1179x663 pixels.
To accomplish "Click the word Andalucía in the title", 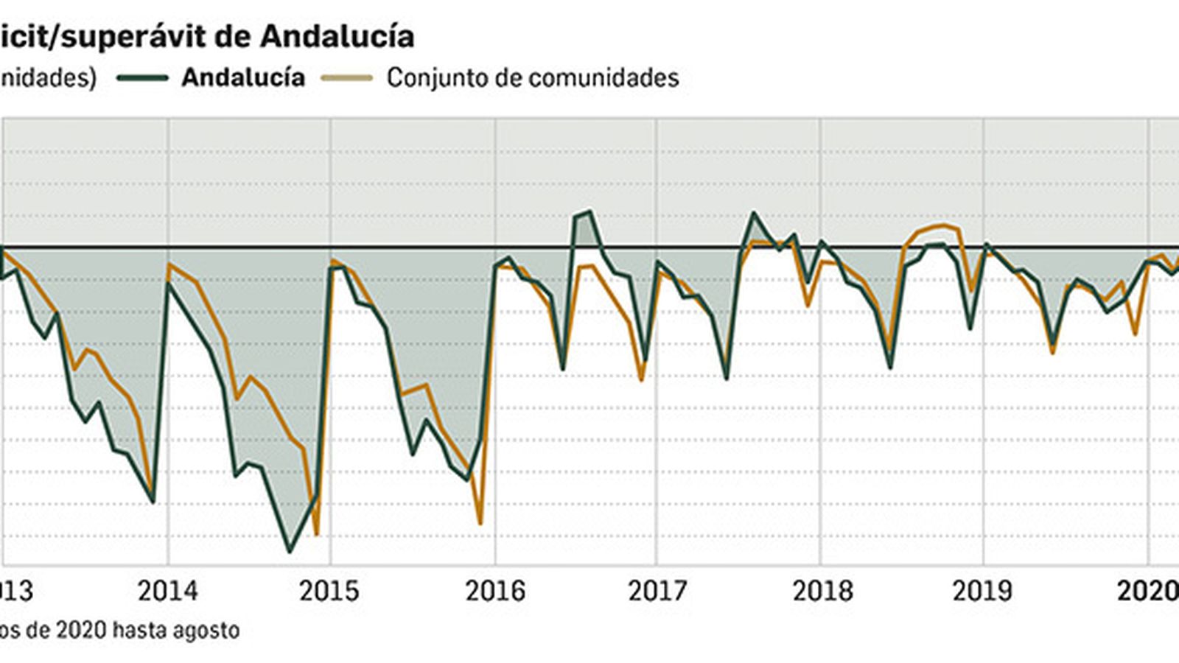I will coord(337,36).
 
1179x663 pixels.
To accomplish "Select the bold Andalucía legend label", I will coord(243,77).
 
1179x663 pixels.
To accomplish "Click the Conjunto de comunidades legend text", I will coord(532,77).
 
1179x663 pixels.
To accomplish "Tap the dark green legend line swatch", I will coord(142,77).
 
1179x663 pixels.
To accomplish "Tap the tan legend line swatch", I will coord(347,77).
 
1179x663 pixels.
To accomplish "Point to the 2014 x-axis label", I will coord(168,591).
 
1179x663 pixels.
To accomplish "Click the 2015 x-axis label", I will coord(329,591).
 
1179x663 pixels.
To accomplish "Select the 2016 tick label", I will coord(494,591).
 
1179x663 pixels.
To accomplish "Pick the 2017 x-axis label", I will coord(657,591).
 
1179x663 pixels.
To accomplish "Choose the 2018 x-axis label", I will coord(822,591).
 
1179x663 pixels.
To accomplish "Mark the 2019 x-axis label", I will coord(983,591).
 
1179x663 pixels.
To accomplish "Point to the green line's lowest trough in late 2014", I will coord(289,552).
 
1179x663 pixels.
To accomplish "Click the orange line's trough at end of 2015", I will coord(480,524).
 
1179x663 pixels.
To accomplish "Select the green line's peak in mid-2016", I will coord(589,212).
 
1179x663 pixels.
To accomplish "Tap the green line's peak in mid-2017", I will coord(753,213).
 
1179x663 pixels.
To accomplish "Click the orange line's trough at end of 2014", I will coord(316,535).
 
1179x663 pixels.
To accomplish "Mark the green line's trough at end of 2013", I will coord(153,502).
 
